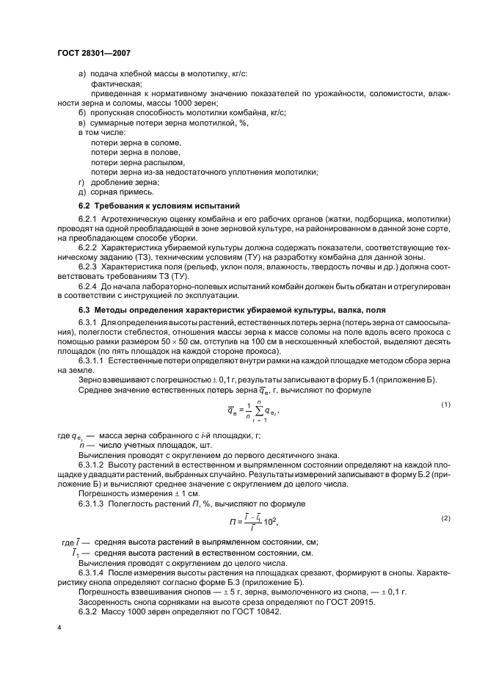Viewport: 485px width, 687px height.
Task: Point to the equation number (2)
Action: (445, 518)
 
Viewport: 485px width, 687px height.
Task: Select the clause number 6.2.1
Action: (89, 219)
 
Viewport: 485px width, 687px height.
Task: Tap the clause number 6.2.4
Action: (89, 286)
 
